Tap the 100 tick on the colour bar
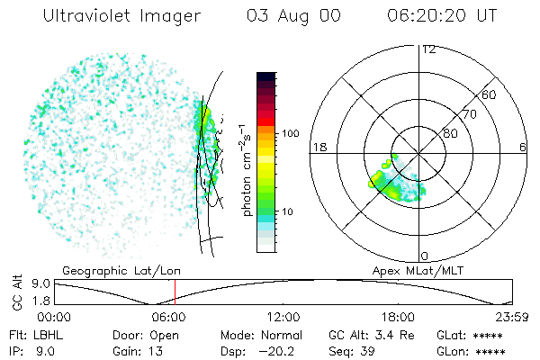tap(291, 133)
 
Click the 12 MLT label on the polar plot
tap(428, 49)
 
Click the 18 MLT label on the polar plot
tap(318, 147)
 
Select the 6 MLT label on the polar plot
tap(523, 147)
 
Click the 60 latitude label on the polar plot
tap(489, 94)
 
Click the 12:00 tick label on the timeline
tap(283, 317)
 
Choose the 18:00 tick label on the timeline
tap(398, 317)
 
